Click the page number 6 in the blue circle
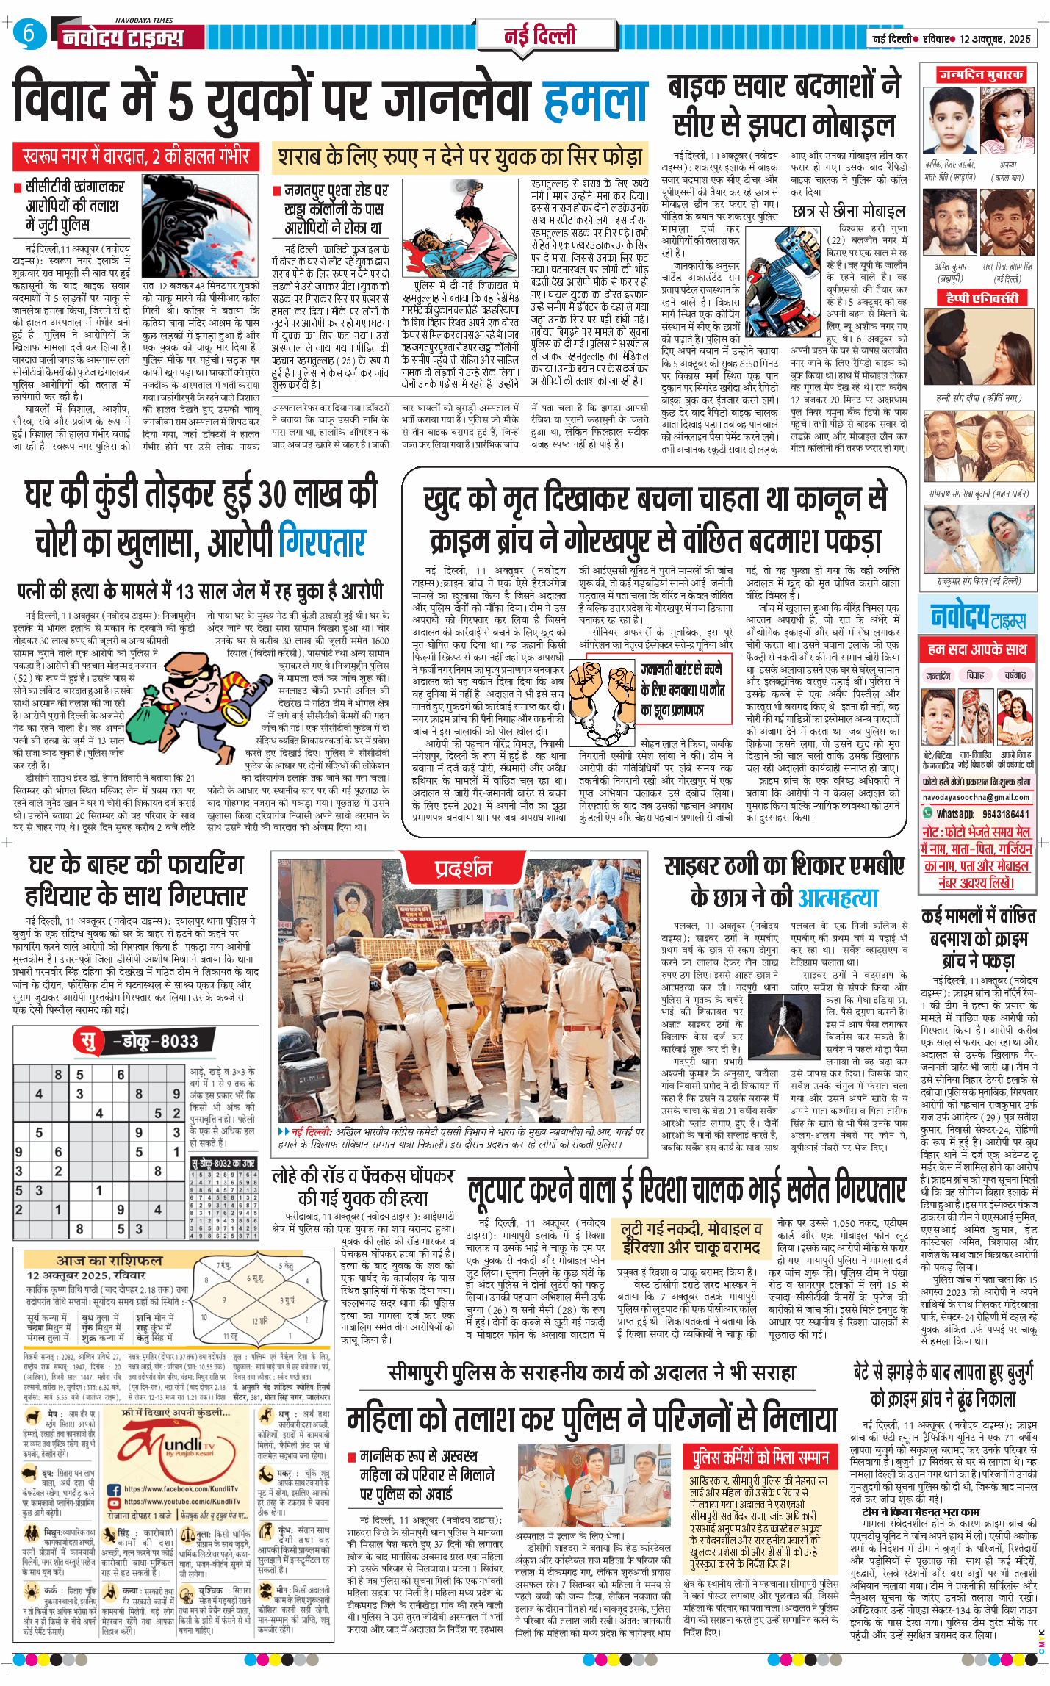[29, 33]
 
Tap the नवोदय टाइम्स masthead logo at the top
[122, 37]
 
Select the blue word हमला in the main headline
[596, 101]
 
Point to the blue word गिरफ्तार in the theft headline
[323, 544]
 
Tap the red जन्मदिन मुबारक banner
[979, 75]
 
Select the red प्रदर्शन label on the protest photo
[462, 869]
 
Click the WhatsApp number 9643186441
[1005, 814]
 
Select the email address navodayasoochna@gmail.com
[976, 797]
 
